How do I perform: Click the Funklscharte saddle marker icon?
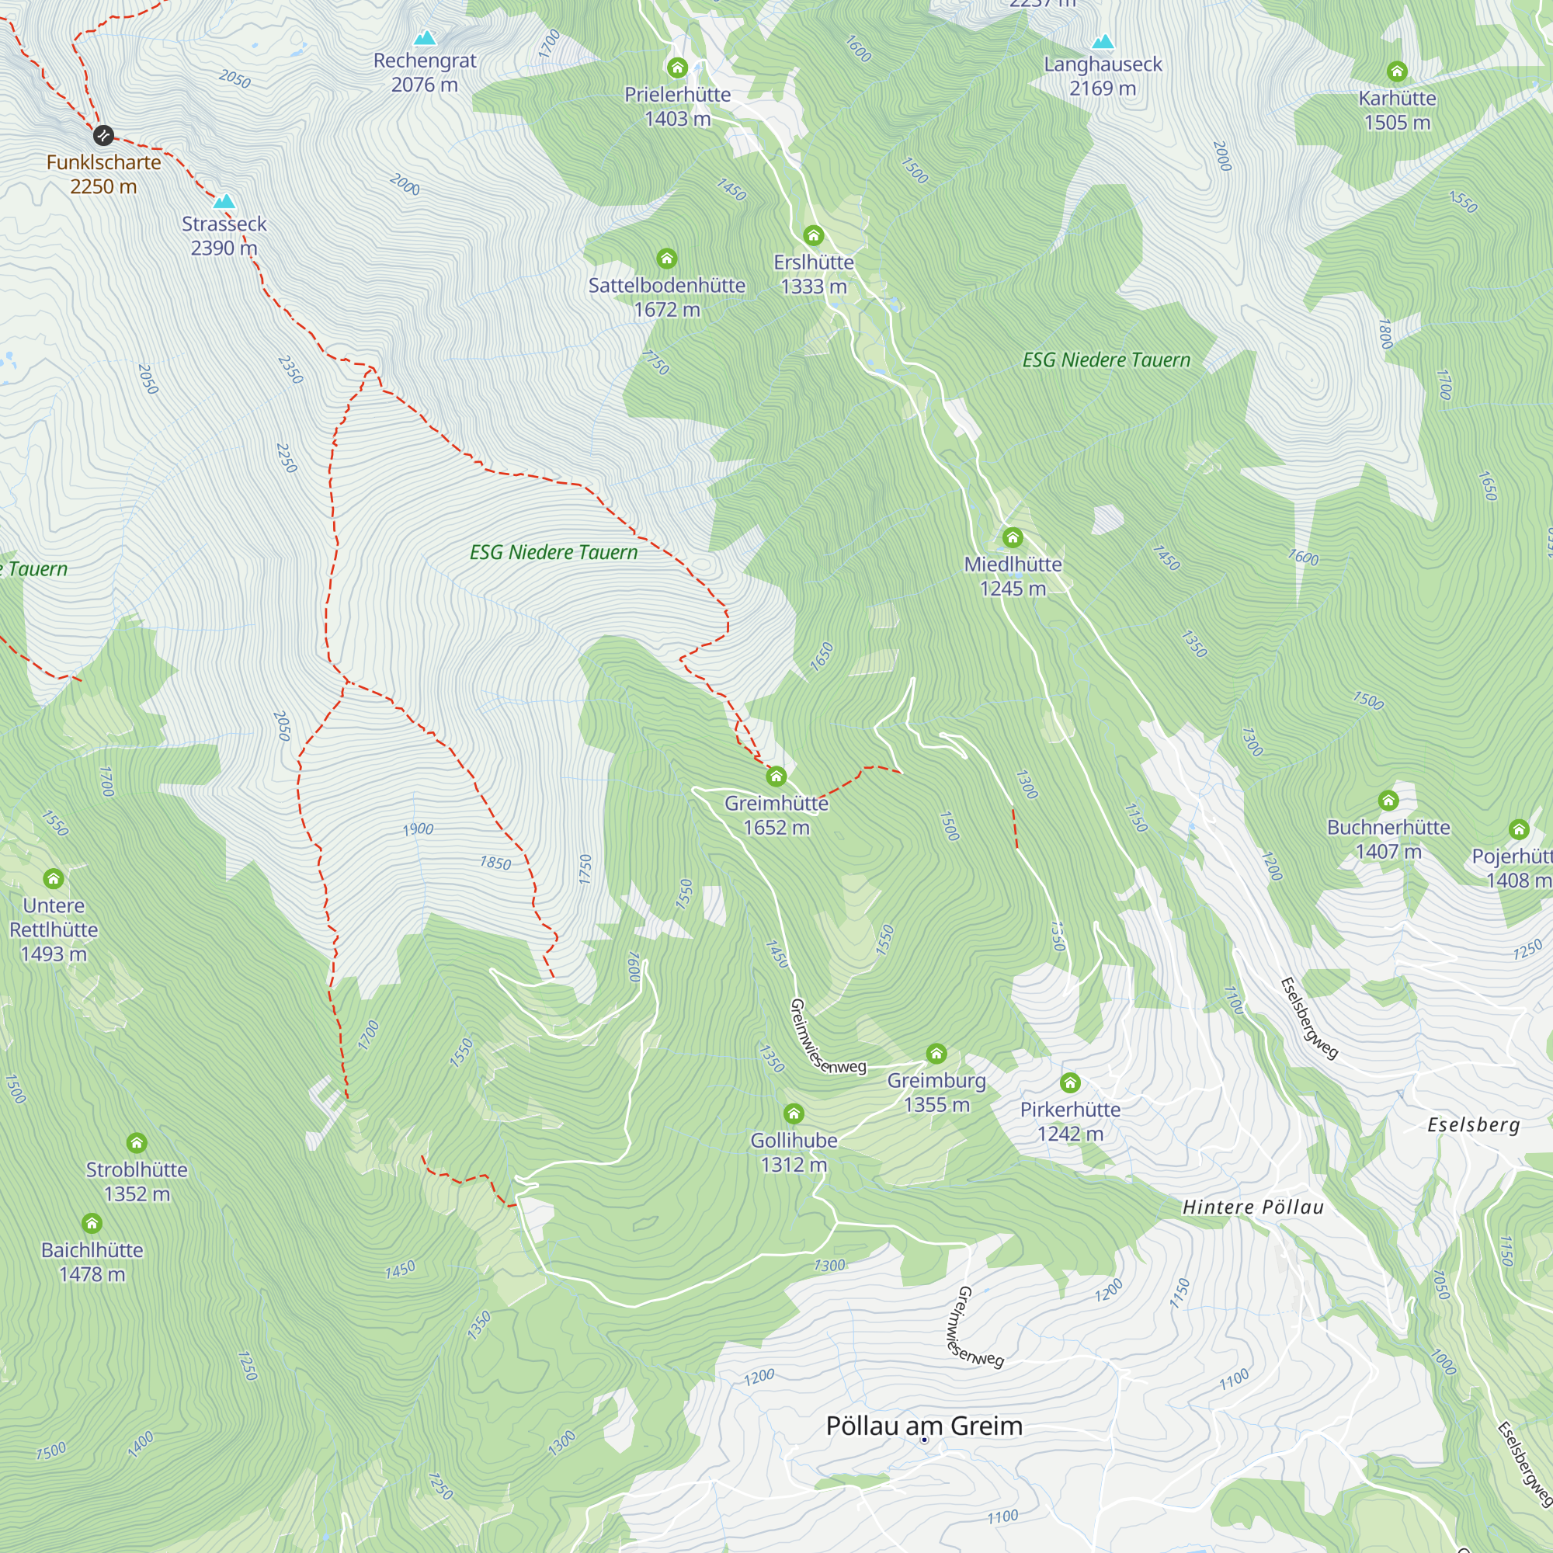[103, 135]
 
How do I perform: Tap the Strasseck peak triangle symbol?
[224, 202]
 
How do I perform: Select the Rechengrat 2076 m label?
[425, 72]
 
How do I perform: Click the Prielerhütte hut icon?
[678, 68]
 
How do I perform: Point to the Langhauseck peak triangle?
[1103, 42]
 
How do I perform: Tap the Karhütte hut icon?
[1397, 71]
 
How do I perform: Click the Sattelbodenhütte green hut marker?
[666, 258]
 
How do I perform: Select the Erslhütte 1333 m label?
[814, 274]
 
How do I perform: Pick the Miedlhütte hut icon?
[1013, 537]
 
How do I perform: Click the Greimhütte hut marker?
[776, 776]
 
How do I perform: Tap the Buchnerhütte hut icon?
[1388, 801]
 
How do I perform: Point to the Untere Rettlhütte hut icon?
[54, 877]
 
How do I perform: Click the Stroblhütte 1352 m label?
[137, 1182]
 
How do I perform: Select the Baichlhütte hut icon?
[92, 1224]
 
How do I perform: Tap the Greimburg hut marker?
[936, 1054]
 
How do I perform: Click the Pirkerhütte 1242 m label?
[1070, 1121]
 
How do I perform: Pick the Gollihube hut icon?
[794, 1114]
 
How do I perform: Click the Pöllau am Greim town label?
[924, 1426]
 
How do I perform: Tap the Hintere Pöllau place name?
[1252, 1207]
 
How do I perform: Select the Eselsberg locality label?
[1474, 1125]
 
